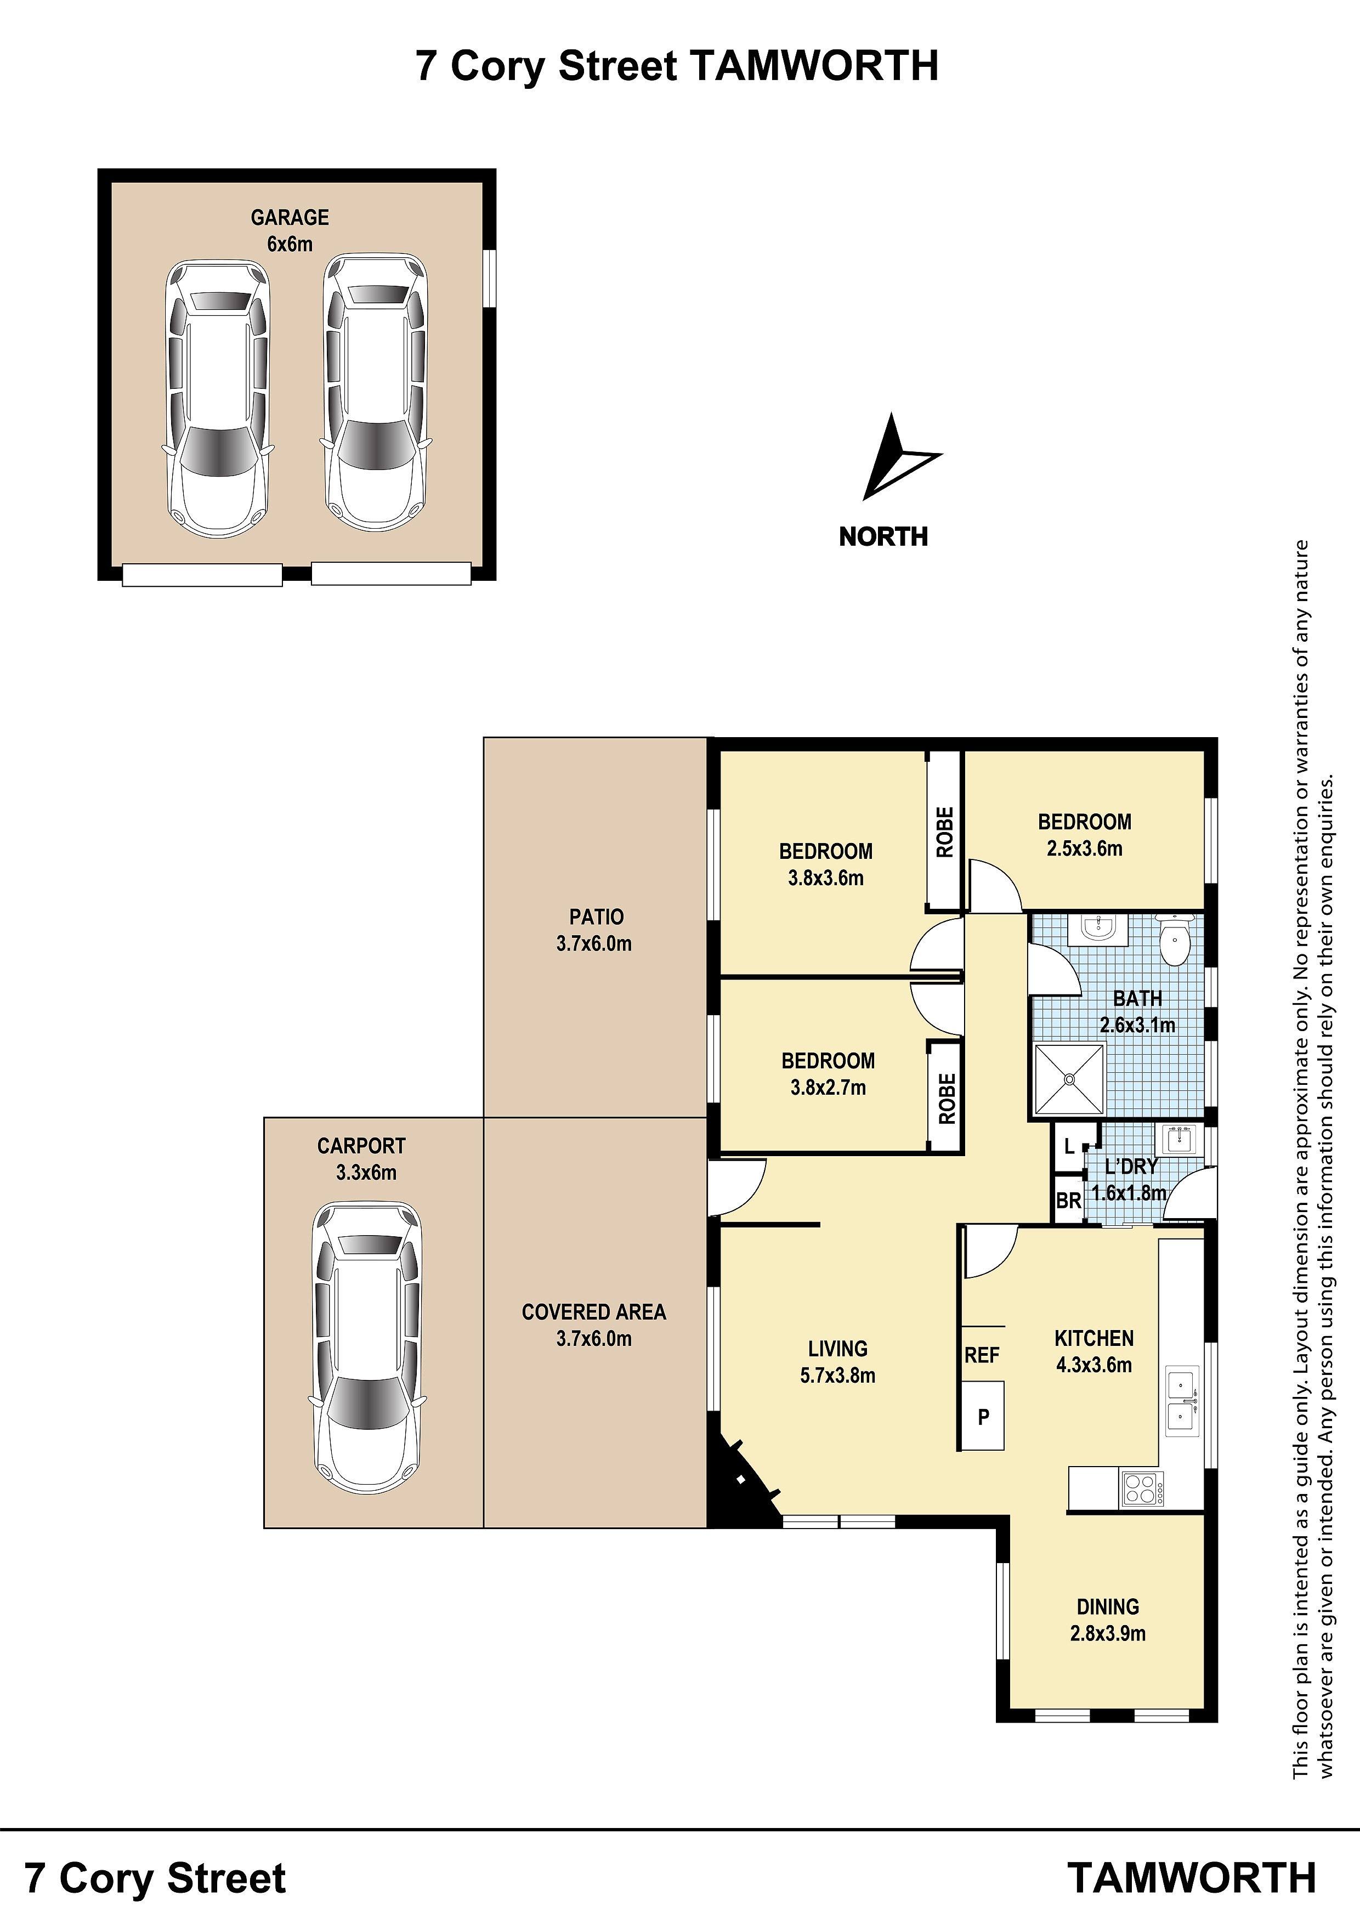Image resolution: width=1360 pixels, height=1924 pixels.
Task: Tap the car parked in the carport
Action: [x=367, y=1348]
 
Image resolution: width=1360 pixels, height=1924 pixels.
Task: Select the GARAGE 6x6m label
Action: [x=290, y=230]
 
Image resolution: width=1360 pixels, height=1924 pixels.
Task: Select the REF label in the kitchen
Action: [x=982, y=1355]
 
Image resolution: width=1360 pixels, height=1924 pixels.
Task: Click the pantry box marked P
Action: [x=983, y=1416]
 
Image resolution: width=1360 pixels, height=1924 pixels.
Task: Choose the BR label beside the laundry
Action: [x=1068, y=1201]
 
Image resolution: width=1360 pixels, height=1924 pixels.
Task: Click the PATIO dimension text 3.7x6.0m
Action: [x=594, y=943]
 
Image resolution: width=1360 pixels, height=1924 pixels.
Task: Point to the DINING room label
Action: [x=1108, y=1606]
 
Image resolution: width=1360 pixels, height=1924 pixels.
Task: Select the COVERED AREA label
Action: [x=594, y=1312]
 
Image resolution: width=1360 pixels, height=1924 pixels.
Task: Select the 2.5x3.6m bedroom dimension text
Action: [x=1084, y=849]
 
